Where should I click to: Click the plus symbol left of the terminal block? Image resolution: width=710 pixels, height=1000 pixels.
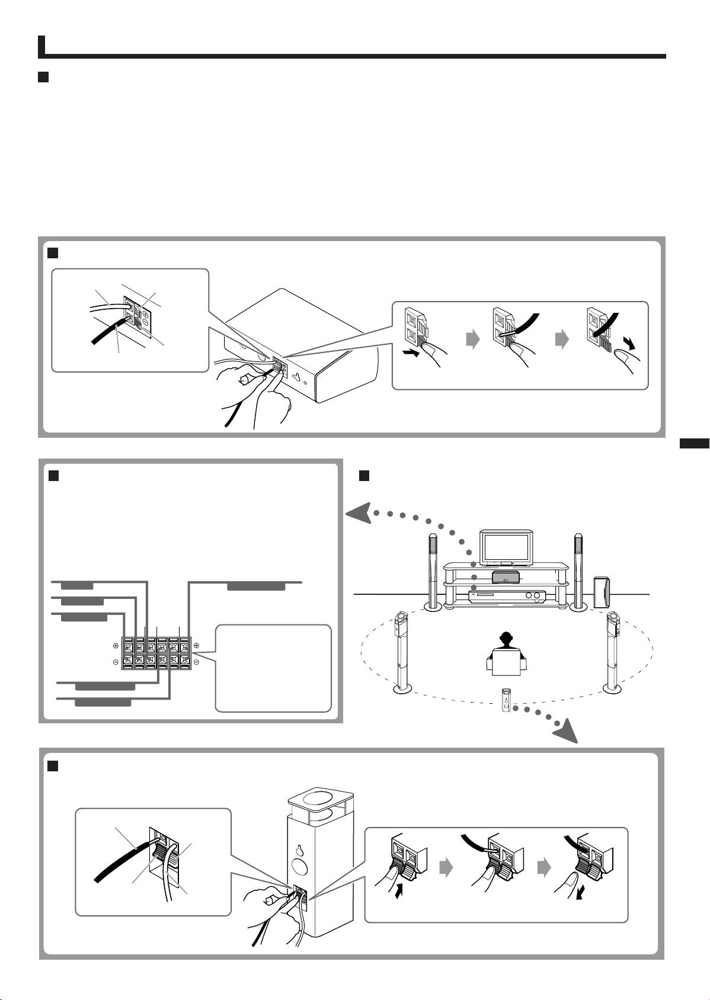click(115, 645)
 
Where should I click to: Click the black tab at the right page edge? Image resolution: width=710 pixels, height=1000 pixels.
click(694, 444)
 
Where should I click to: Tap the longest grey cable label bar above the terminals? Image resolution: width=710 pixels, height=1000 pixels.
click(257, 586)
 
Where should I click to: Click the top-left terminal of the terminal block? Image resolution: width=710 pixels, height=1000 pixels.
click(128, 645)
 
